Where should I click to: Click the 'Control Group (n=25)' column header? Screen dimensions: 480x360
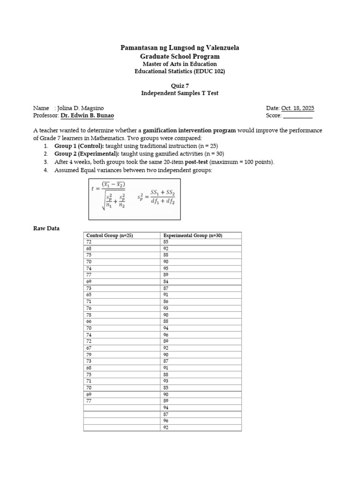[x=110, y=236]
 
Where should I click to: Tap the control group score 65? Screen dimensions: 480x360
[x=89, y=295]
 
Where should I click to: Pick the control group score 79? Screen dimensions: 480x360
[x=89, y=354]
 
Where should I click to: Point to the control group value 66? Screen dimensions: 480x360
[x=89, y=322]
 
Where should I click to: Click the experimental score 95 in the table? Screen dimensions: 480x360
[x=166, y=269]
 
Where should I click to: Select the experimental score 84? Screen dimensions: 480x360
[x=166, y=282]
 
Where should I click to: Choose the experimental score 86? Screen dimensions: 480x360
[x=166, y=302]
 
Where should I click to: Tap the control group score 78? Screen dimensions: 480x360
[x=89, y=315]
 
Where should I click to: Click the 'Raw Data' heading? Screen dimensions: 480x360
[x=46, y=228]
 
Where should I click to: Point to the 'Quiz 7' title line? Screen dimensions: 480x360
[x=180, y=85]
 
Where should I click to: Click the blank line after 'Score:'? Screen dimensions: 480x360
[x=298, y=115]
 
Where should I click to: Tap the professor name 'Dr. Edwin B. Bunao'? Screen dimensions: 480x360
[x=87, y=115]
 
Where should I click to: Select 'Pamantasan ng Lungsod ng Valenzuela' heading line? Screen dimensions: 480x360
[x=180, y=48]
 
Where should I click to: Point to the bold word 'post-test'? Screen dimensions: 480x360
[x=196, y=162]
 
